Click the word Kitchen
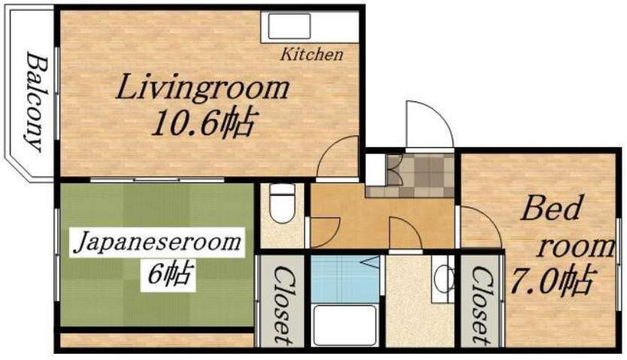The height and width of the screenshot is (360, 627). point(311,54)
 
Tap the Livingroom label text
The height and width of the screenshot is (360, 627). point(202,87)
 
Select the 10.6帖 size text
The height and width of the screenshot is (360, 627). point(202,123)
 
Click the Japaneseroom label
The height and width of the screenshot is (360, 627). point(157,243)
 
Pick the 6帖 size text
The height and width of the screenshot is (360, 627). point(168,274)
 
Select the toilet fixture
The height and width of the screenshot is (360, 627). point(283,204)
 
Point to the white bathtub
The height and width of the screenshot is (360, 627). point(344,325)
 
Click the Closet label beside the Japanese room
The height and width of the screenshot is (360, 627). point(283,304)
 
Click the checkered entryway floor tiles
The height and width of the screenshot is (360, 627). point(420,175)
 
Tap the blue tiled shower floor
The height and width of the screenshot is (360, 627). point(345,280)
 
